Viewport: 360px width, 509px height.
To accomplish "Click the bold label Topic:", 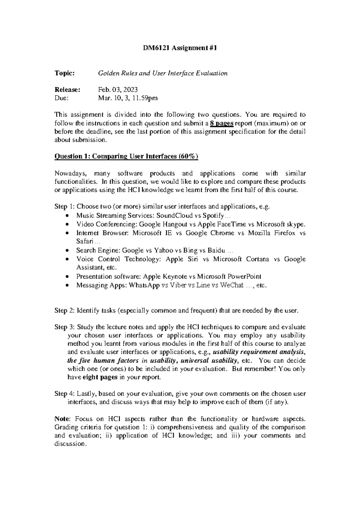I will pyautogui.click(x=64, y=73).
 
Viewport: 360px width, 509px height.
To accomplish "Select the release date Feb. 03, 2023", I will pyautogui.click(x=118, y=90).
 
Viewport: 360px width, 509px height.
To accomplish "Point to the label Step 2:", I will pyautogui.click(x=64, y=311).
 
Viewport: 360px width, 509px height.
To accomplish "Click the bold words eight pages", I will pyautogui.click(x=100, y=377).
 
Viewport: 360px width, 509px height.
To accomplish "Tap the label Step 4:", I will pyautogui.click(x=64, y=394).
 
